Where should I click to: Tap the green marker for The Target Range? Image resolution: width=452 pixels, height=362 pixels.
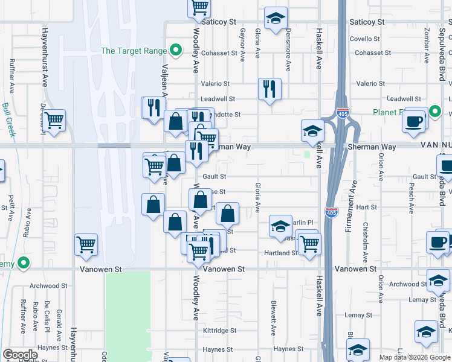176,51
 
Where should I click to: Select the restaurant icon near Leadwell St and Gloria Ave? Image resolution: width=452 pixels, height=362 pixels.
269,89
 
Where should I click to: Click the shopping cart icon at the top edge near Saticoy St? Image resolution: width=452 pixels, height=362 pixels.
199,7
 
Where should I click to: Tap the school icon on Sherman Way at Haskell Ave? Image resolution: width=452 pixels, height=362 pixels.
312,130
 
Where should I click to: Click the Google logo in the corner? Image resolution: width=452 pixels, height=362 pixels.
20,355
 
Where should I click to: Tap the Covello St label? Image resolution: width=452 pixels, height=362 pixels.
364,38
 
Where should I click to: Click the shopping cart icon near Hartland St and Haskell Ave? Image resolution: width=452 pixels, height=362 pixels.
309,244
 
